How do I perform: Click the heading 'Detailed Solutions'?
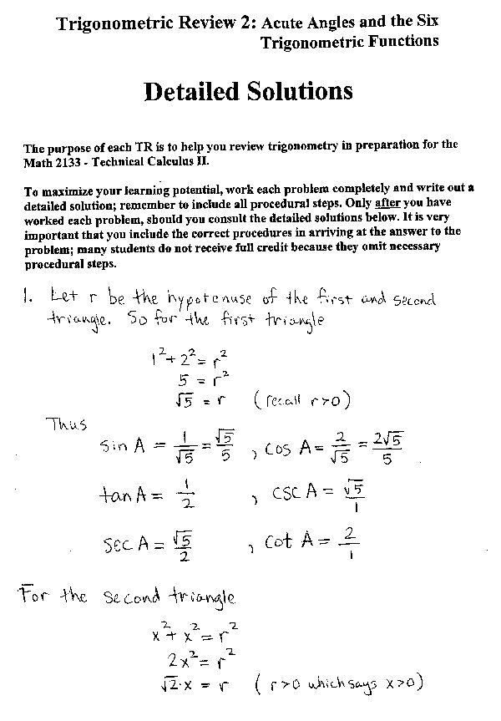pyautogui.click(x=248, y=91)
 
